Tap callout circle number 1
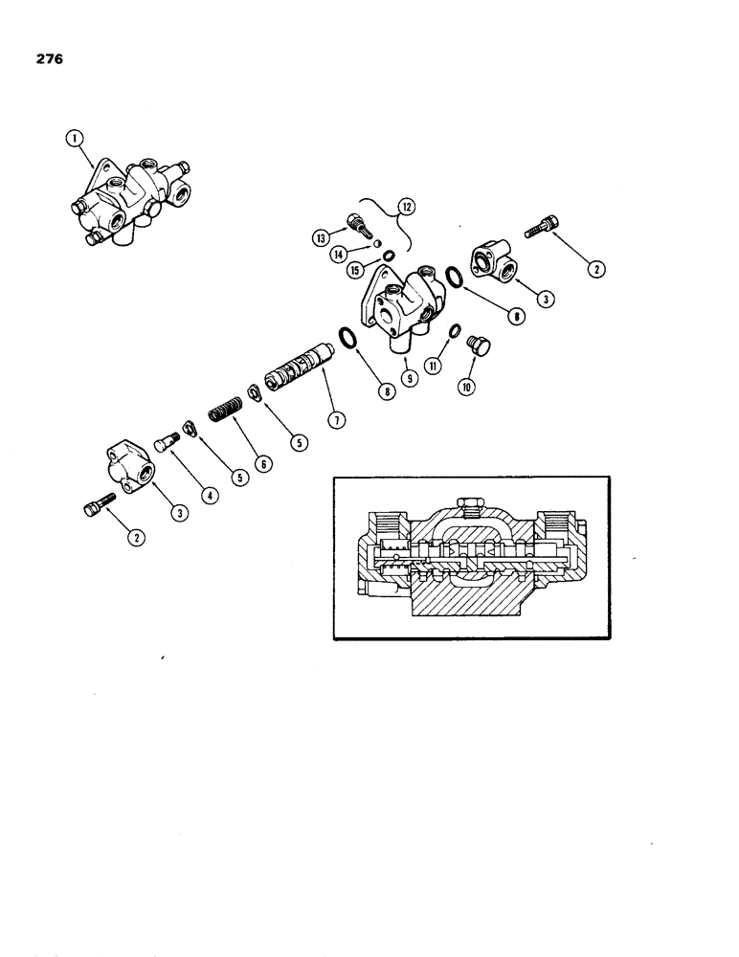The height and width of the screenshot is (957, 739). click(71, 142)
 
